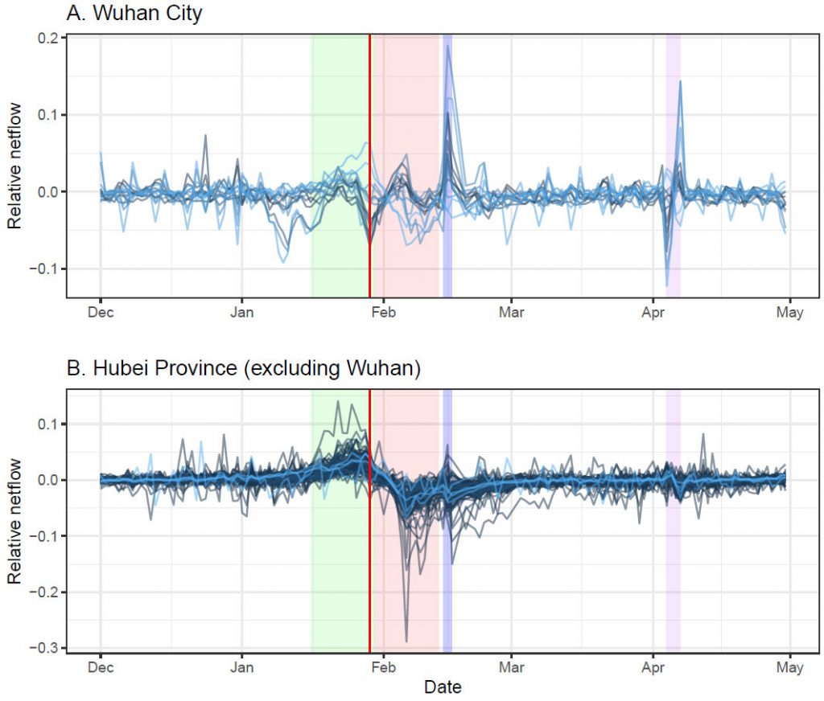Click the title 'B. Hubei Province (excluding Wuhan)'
(244, 369)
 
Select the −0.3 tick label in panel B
(45, 648)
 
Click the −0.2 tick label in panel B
(45, 592)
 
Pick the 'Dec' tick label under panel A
(101, 312)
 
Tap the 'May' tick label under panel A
(790, 312)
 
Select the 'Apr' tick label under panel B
(652, 667)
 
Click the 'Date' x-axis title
(443, 687)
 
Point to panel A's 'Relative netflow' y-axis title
(14, 166)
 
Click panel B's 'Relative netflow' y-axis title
(14, 523)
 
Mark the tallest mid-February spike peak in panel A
(447, 45)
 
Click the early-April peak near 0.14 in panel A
(680, 81)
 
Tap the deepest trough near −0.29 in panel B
(407, 641)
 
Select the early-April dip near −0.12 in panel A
(667, 285)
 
